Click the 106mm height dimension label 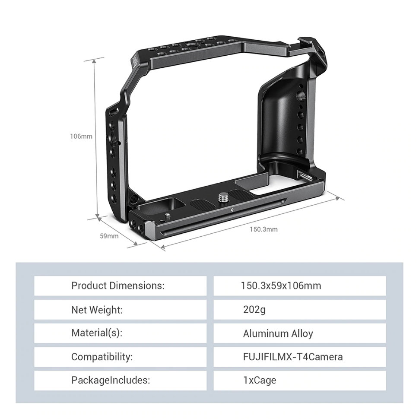point(81,136)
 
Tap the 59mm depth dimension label point(109,236)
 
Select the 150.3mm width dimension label point(263,229)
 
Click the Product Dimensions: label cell point(120,286)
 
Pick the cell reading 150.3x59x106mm point(299,286)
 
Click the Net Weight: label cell point(120,310)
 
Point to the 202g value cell point(299,310)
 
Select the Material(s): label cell point(120,333)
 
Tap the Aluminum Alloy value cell point(299,333)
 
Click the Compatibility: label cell point(120,357)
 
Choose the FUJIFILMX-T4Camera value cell point(299,357)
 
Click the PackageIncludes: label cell point(120,381)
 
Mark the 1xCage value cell point(299,381)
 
